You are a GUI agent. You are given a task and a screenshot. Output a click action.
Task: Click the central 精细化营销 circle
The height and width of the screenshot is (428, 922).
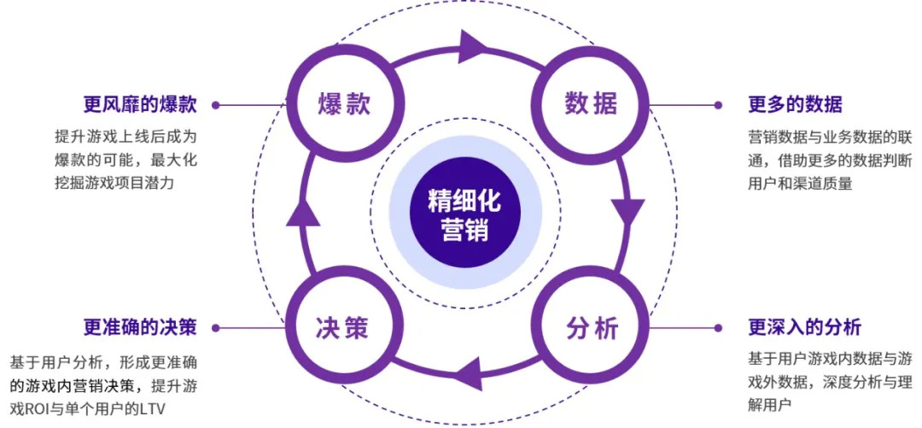pyautogui.click(x=465, y=216)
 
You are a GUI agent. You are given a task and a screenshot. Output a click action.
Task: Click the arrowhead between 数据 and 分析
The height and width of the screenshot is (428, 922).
pyautogui.click(x=629, y=209)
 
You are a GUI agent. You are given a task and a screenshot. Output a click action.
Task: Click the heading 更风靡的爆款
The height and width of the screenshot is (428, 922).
pyautogui.click(x=140, y=105)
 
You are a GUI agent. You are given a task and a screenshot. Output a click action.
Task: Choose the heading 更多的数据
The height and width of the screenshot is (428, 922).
pyautogui.click(x=795, y=105)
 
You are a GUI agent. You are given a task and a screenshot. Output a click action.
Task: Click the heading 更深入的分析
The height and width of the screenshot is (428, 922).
pyautogui.click(x=804, y=327)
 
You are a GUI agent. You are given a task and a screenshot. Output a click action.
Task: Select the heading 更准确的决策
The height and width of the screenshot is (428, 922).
pyautogui.click(x=140, y=327)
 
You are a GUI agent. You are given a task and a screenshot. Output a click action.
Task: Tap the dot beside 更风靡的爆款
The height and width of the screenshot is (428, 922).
pyautogui.click(x=216, y=105)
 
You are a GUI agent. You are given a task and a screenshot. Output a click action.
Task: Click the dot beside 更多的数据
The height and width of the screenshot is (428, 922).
pyautogui.click(x=718, y=105)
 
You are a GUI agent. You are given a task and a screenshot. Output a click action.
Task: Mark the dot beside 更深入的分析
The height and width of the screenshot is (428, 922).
pyautogui.click(x=718, y=327)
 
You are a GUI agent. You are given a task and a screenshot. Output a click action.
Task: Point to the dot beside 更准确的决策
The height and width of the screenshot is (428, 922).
pyautogui.click(x=216, y=327)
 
